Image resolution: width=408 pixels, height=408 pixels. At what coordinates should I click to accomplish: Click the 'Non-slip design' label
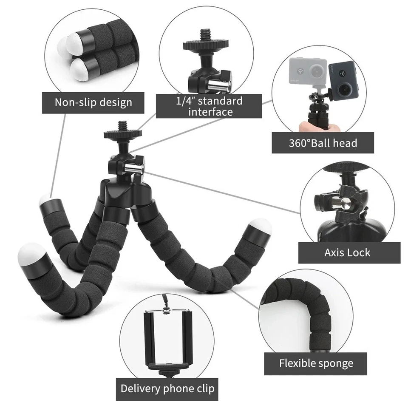point(93,102)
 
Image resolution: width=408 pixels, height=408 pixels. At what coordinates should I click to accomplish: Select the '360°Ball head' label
point(323,143)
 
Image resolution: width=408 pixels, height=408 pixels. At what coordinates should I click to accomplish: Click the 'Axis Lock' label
point(348,252)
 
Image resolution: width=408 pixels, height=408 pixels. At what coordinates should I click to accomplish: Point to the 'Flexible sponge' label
point(316,363)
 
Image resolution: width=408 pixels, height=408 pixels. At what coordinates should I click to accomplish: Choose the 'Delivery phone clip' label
point(167,388)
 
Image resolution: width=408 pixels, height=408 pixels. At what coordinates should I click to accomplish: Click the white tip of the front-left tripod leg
point(31,255)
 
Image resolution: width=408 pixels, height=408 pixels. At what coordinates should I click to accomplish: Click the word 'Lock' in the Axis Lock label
point(359,252)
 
